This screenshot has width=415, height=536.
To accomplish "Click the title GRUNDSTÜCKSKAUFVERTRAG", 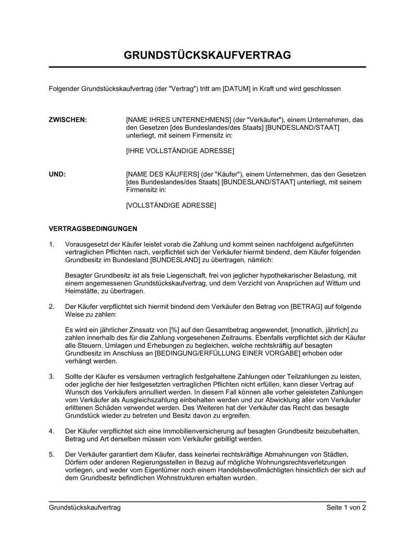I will point(207,55).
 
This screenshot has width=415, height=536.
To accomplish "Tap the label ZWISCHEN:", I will point(68,120).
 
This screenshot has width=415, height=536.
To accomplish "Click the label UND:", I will point(57,174).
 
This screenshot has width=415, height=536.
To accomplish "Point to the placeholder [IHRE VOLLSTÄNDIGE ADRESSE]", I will point(180,151).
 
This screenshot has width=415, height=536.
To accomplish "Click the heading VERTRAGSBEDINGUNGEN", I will point(93,229).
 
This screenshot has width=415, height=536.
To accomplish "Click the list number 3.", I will point(51,376).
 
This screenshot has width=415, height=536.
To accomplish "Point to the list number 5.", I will point(51,454).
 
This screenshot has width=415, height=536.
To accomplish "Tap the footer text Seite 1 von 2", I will point(346,507).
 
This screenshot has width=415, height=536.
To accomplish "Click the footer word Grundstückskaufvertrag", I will point(85,507).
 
